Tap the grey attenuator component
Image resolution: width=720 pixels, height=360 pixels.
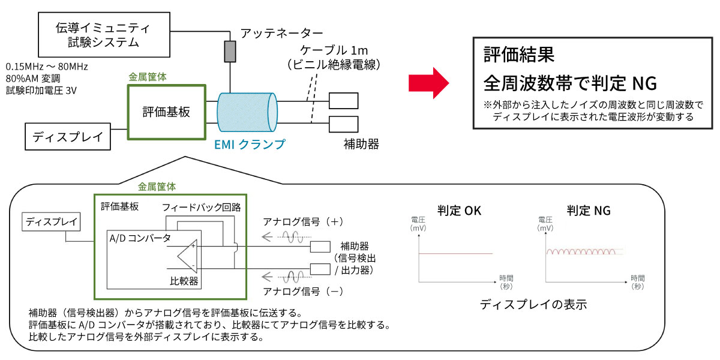(x=229, y=52)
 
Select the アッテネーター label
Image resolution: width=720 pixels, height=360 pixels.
(x=281, y=33)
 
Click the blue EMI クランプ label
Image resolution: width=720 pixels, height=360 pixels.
(x=250, y=144)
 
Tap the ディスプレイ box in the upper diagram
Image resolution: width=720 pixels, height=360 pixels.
(x=68, y=136)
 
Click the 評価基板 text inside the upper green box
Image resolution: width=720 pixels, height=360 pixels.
(x=166, y=112)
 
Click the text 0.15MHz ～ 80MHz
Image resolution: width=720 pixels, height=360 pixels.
(x=47, y=67)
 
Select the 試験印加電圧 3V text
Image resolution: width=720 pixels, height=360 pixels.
(x=41, y=91)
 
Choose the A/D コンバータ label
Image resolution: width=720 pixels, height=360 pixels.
(x=140, y=238)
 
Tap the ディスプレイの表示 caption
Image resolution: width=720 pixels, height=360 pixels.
(x=533, y=305)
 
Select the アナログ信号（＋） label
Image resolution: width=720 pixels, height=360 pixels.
(x=303, y=221)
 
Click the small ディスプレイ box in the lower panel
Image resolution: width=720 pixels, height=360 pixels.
(x=51, y=222)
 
